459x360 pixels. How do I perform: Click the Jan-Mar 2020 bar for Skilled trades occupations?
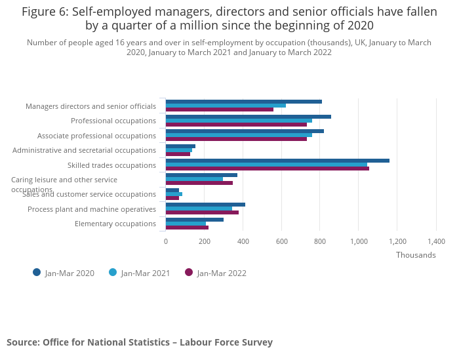tap(277, 161)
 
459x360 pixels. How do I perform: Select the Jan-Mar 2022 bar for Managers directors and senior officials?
tap(220, 109)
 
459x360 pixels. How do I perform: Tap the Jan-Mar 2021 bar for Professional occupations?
tap(239, 121)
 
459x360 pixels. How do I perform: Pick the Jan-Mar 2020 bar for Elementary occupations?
tap(195, 220)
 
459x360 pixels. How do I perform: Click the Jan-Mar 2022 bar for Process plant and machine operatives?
tap(202, 212)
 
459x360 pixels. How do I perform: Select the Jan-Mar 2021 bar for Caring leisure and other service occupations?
tap(194, 179)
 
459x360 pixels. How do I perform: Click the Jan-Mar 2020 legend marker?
tap(37, 272)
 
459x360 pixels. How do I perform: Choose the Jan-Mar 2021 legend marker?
tap(113, 272)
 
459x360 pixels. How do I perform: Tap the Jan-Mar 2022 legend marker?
tap(189, 272)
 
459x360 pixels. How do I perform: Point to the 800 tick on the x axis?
tap(320, 241)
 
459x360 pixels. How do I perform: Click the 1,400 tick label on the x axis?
tap(436, 241)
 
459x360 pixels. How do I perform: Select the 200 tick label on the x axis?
tap(204, 241)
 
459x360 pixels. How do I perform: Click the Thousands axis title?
tap(416, 255)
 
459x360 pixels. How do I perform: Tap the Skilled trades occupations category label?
tap(111, 165)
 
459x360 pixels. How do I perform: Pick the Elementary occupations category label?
tap(115, 224)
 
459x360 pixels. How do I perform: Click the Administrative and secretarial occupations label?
tap(84, 150)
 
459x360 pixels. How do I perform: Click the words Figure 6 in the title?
tap(46, 11)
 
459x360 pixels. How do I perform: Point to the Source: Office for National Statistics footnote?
tap(140, 342)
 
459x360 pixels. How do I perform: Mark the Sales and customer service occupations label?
tap(89, 194)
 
